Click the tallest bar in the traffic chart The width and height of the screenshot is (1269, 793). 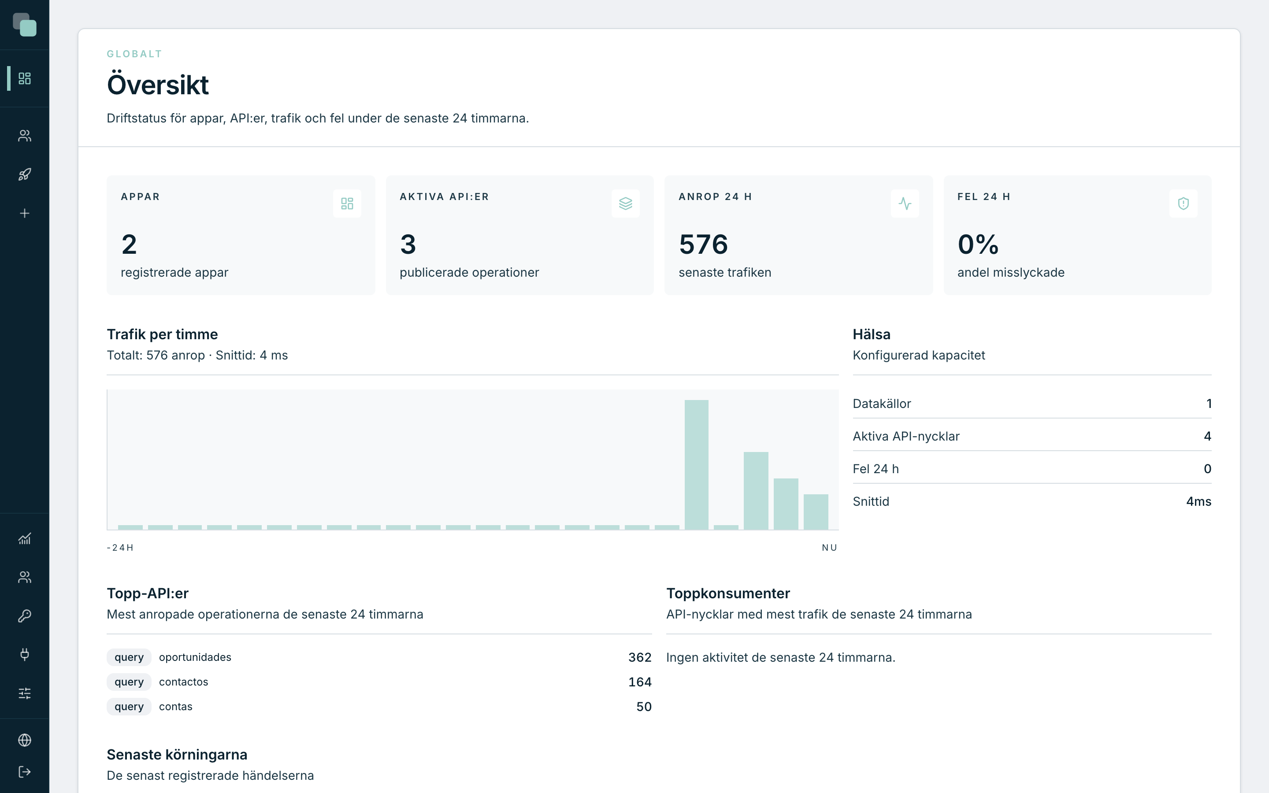[696, 465]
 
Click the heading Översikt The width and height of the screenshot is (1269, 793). [158, 85]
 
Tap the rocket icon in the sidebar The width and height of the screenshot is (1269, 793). [25, 174]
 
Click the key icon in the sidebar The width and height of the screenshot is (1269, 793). [25, 616]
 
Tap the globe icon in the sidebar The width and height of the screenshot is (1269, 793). [25, 740]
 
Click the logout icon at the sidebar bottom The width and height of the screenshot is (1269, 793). [25, 771]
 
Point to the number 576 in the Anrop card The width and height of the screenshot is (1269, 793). [703, 245]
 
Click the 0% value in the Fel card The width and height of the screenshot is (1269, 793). [978, 245]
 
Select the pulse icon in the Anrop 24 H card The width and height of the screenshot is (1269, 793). [905, 204]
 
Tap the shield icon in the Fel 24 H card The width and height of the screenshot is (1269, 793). [1183, 204]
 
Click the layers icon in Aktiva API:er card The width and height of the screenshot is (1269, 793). [626, 204]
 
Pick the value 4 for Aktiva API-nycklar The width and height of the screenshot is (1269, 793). [1207, 436]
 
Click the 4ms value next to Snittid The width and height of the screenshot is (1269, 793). [1199, 501]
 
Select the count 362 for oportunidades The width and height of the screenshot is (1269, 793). [640, 657]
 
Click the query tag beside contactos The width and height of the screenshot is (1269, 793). [129, 682]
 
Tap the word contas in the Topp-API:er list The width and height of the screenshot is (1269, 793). [176, 707]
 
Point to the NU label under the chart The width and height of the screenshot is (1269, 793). [830, 548]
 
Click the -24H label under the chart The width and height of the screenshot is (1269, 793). [120, 548]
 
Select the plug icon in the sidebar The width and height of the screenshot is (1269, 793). [25, 654]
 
